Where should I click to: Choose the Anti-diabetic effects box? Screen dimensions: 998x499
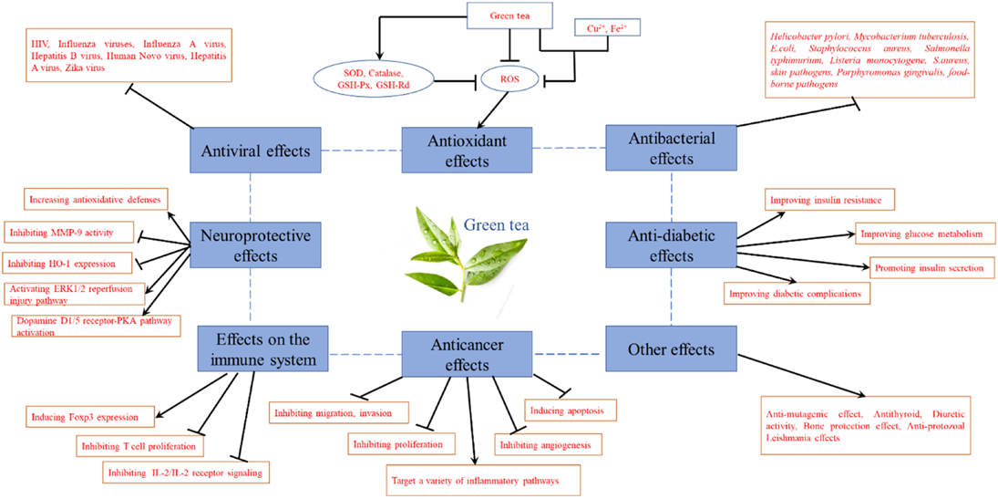point(672,245)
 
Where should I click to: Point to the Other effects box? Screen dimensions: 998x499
point(672,350)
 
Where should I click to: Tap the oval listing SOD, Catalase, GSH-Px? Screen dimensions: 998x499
point(374,80)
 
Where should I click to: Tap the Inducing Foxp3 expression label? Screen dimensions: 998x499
point(91,417)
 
